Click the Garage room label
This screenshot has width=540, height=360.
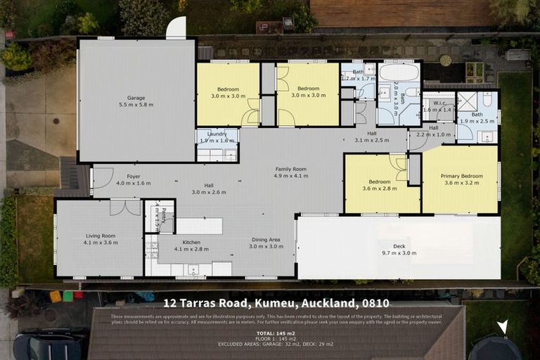click(136, 98)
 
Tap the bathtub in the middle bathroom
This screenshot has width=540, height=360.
click(399, 72)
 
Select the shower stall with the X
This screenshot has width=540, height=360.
click(467, 101)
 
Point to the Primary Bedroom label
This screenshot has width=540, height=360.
click(461, 176)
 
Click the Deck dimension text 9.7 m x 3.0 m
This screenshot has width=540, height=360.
click(399, 252)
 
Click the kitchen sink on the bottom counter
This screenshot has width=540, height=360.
click(192, 269)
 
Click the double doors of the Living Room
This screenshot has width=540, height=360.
click(125, 207)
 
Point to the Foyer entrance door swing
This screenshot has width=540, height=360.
click(102, 179)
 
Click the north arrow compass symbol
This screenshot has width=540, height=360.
click(501, 328)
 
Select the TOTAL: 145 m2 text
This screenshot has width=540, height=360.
click(275, 333)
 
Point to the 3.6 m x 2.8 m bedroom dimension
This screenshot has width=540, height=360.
click(380, 188)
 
